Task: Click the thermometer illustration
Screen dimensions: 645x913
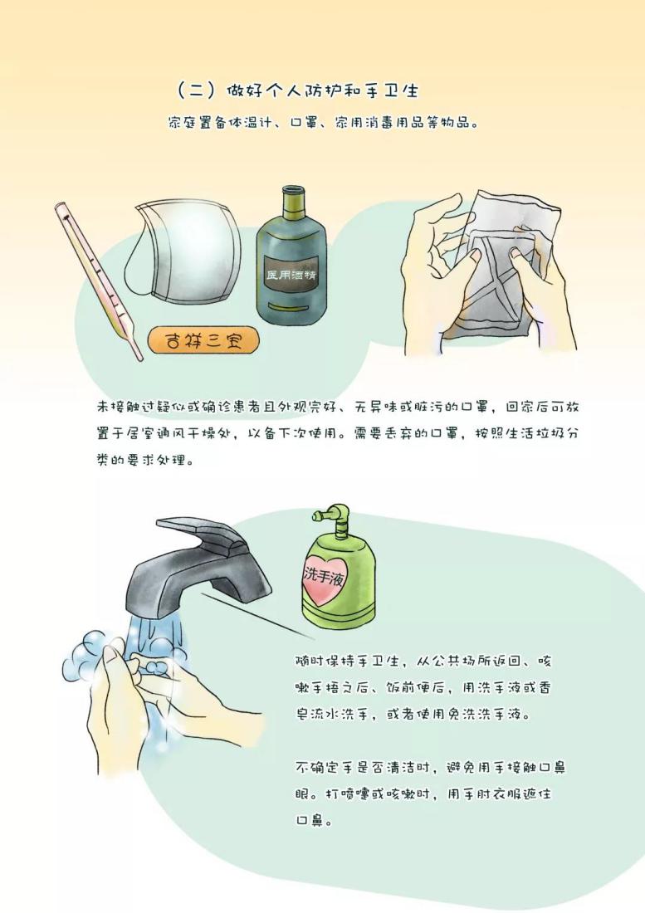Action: pyautogui.click(x=98, y=281)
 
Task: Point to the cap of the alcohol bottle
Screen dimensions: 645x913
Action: pyautogui.click(x=291, y=200)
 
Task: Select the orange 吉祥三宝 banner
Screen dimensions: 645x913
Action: pyautogui.click(x=203, y=341)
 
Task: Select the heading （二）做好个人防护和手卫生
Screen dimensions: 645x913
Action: pyautogui.click(x=297, y=90)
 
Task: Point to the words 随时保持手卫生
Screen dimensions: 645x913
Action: pyautogui.click(x=347, y=662)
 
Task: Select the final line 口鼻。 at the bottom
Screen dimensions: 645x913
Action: pyautogui.click(x=315, y=821)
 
